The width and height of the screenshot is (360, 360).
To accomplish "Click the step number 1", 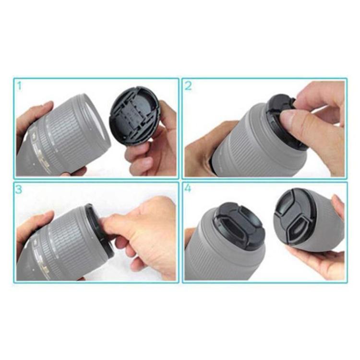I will point(20,86).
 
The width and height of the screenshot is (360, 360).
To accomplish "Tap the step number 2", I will point(188,86).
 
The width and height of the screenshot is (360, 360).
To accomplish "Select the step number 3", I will point(19,190).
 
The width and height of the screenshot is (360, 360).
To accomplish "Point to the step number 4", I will point(188,189).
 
